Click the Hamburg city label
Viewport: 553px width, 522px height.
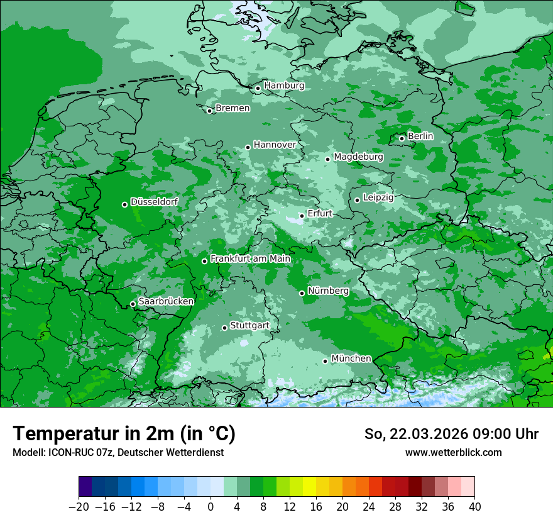(x=284, y=86)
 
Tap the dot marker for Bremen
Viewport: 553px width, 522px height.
(x=210, y=111)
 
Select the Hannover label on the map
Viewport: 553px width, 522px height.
(x=275, y=145)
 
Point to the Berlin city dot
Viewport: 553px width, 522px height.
(x=402, y=138)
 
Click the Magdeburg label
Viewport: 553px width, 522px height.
(x=358, y=157)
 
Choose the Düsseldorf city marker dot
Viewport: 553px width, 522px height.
(x=125, y=204)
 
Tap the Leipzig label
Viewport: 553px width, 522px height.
(x=378, y=197)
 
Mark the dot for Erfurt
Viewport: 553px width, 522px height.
(x=302, y=216)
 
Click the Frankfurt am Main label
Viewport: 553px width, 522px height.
(x=251, y=258)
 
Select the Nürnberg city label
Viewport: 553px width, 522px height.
(x=328, y=291)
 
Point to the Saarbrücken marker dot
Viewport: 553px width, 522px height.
(x=133, y=304)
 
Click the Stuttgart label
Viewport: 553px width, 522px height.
(x=249, y=325)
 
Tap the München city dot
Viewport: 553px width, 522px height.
(x=326, y=361)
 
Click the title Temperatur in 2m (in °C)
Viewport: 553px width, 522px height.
(x=124, y=433)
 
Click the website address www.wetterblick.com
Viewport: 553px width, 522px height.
(x=453, y=452)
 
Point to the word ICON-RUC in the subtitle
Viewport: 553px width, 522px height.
(x=66, y=452)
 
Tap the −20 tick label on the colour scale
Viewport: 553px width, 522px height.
(x=79, y=507)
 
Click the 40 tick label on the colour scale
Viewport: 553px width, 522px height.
(x=474, y=507)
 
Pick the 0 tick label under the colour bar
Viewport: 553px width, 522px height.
(x=211, y=507)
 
